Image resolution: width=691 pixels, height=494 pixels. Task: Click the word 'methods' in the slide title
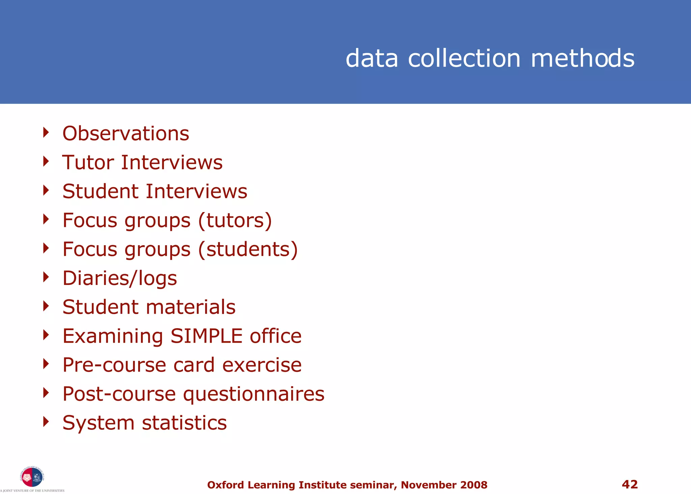tap(583, 58)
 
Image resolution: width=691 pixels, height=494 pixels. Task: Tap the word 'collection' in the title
tap(464, 58)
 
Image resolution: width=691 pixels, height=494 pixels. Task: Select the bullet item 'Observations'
tap(126, 133)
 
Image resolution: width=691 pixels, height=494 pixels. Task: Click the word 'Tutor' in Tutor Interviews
tap(88, 162)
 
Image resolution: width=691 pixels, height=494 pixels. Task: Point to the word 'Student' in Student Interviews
tap(100, 191)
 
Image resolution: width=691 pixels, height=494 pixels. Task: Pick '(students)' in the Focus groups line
tap(248, 250)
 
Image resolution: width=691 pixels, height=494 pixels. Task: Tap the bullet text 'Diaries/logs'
tap(120, 278)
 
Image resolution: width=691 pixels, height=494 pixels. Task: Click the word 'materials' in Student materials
tap(191, 307)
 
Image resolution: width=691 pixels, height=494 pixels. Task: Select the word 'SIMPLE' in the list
tap(206, 336)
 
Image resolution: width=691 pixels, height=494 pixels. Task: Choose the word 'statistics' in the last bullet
tap(184, 423)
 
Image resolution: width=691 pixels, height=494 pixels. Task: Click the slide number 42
tap(630, 485)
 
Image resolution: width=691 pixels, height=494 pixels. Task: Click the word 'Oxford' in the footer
tap(225, 485)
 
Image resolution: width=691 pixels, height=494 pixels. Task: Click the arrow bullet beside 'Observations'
tap(46, 132)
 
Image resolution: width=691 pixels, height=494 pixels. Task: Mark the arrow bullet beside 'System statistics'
tap(46, 421)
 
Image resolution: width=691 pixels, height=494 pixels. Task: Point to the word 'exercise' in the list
tap(262, 365)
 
